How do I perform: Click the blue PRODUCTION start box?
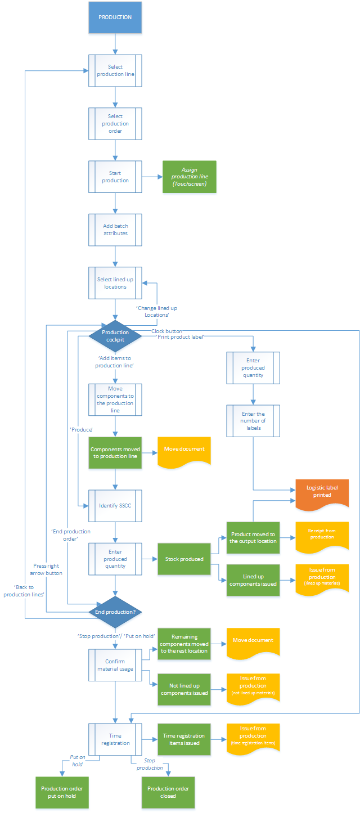[115, 17]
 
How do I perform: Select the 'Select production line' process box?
[115, 70]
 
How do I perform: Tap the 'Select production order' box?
[115, 123]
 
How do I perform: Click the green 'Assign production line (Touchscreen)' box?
[189, 177]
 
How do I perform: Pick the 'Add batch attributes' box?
[115, 230]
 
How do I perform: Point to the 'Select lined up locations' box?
[115, 282]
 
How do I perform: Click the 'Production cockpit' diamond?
[115, 335]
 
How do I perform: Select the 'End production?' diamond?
[115, 612]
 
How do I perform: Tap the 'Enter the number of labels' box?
[253, 420]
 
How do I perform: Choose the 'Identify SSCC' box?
[115, 506]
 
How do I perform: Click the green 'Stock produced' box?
[184, 559]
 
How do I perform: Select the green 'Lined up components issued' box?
[253, 580]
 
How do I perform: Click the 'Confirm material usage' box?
[115, 665]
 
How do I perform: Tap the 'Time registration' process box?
[115, 739]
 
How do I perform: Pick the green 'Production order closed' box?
[168, 792]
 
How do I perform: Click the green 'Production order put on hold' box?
[62, 792]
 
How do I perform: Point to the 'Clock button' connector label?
[166, 331]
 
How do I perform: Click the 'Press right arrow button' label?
[47, 569]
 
